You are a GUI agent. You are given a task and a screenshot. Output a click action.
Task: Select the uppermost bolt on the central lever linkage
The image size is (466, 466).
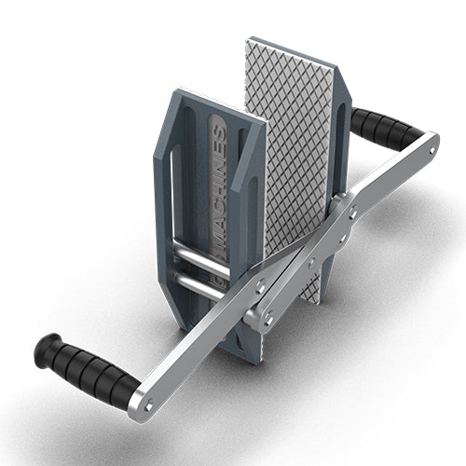point(353,213)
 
